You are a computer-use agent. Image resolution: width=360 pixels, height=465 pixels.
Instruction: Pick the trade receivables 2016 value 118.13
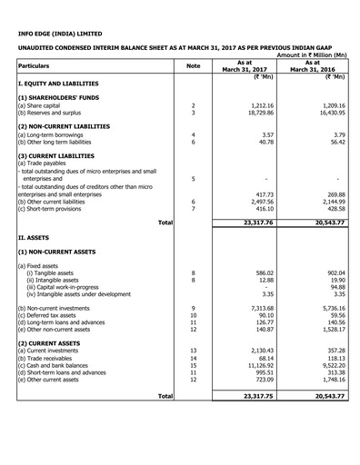(330, 357)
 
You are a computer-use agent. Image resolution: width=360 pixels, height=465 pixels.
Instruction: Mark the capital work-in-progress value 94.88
(332, 287)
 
